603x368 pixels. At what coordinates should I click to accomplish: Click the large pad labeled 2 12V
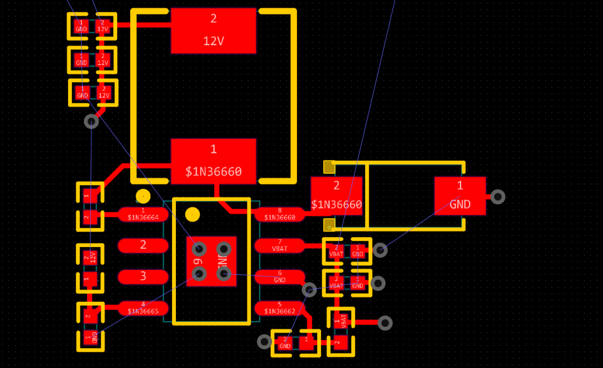coord(213,31)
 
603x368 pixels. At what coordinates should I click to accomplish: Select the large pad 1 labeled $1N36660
coord(213,161)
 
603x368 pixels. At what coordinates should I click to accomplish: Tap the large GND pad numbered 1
coord(460,196)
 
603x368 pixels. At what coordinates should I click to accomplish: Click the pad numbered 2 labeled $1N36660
coord(337,196)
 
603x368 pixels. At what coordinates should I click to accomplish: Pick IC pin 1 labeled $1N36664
coord(143,214)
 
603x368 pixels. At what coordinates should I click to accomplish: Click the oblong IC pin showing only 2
coord(143,245)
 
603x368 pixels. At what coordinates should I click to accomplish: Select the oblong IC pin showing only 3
coord(143,277)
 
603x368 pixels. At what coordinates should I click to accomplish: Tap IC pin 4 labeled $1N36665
coord(143,308)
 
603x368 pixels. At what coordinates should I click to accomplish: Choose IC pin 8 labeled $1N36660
coord(280,214)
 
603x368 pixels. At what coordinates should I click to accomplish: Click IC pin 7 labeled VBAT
coord(280,245)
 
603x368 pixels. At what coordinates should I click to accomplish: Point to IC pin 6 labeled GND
coord(280,277)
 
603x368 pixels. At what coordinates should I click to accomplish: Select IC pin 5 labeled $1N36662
coord(280,308)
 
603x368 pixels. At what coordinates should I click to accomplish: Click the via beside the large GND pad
coord(497,196)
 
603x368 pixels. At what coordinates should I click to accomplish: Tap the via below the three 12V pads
coord(92,121)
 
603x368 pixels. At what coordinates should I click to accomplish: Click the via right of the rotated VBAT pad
coord(385,323)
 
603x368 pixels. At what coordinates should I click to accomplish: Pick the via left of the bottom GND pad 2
coord(265,341)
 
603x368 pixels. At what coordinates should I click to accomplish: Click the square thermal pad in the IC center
coord(212,261)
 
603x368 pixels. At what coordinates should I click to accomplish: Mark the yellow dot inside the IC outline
coord(193,215)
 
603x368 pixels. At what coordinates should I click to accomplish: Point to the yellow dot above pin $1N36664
coord(143,196)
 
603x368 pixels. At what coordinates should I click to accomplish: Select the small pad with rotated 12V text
coord(90,256)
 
